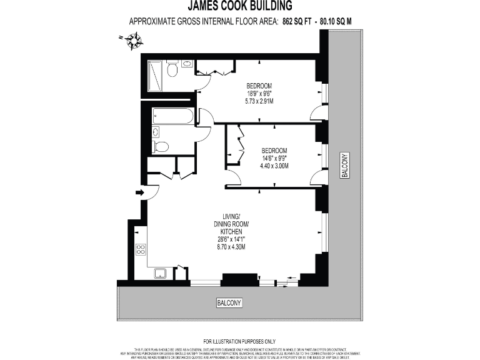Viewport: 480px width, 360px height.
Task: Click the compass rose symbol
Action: point(133,42)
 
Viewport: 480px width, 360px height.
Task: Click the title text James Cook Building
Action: point(240,7)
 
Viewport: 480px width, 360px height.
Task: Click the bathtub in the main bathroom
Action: point(172,116)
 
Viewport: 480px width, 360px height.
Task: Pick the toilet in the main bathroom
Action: point(161,147)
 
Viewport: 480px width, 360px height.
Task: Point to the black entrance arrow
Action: point(139,193)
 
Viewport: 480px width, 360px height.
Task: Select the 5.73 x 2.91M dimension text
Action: point(259,101)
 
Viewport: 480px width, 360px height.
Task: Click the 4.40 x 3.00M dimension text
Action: point(274,166)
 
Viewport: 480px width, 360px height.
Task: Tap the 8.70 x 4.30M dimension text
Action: point(231,247)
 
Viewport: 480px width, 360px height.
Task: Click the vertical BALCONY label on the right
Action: point(343,166)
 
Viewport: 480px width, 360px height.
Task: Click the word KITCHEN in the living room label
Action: point(231,231)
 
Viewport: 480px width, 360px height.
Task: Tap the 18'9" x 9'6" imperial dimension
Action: point(259,93)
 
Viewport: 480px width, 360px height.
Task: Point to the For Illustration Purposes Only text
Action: point(240,341)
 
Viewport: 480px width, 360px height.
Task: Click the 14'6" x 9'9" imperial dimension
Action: point(274,158)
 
